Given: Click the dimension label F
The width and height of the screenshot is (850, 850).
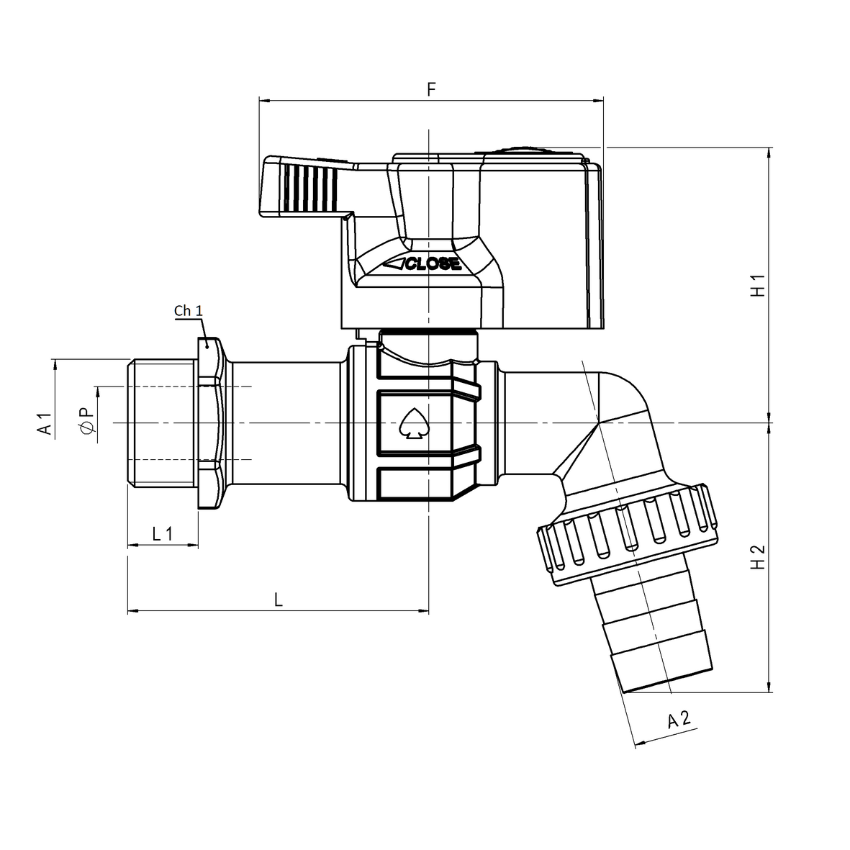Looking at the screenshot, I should point(431,89).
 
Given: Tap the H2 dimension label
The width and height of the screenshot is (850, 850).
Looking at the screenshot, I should point(758,556).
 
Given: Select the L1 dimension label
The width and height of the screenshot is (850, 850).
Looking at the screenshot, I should point(163,533).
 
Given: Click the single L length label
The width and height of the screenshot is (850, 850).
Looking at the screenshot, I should point(278,599).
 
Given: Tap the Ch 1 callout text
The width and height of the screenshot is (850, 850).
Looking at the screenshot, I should point(189,311).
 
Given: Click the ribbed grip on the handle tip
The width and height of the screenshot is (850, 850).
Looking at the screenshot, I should point(309,189).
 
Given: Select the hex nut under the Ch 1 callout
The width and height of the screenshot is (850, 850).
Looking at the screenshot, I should point(209,425).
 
